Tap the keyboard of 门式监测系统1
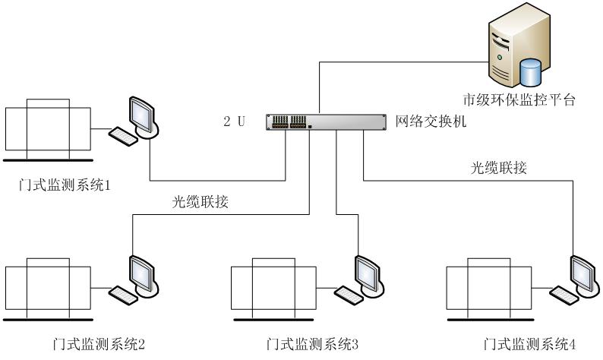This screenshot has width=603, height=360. [123, 136]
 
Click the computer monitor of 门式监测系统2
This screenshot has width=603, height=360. [142, 271]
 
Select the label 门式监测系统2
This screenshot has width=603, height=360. [95, 346]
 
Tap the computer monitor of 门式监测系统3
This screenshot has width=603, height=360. [368, 271]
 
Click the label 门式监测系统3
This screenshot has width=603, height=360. [313, 346]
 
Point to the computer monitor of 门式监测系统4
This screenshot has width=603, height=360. [585, 271]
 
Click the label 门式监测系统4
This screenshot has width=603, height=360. [530, 346]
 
